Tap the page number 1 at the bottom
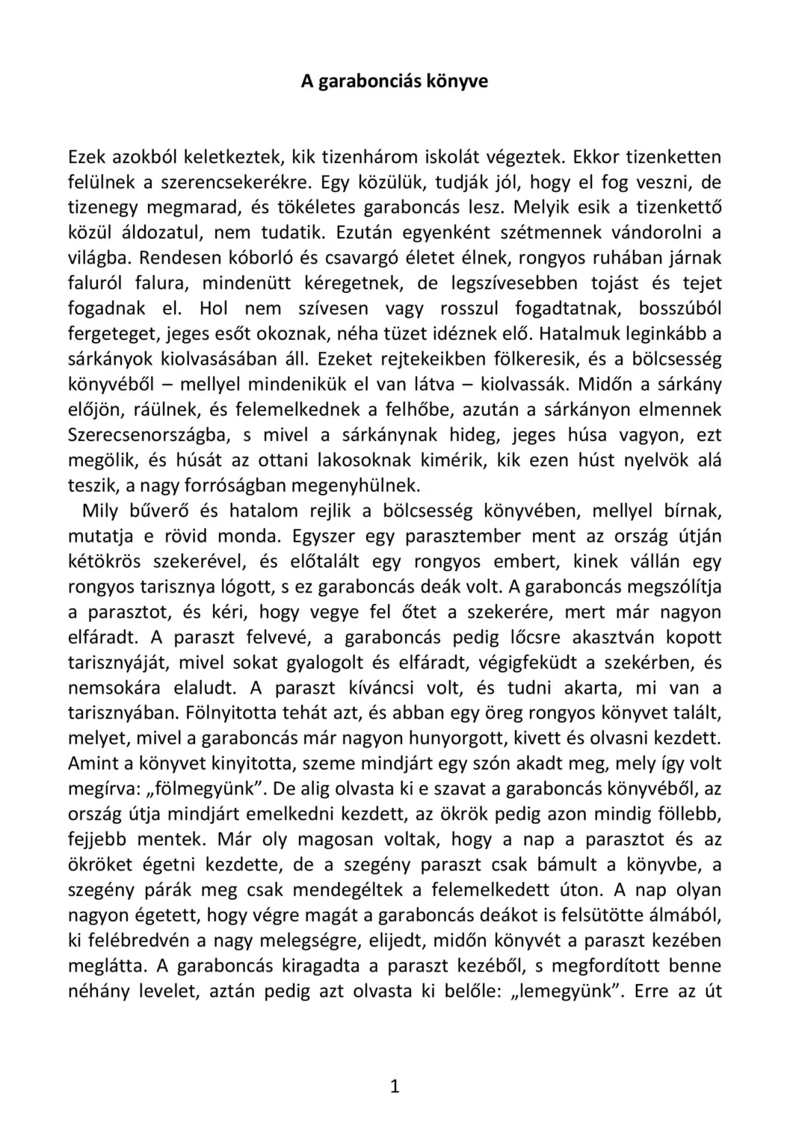(x=395, y=1087)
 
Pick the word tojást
(x=604, y=283)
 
